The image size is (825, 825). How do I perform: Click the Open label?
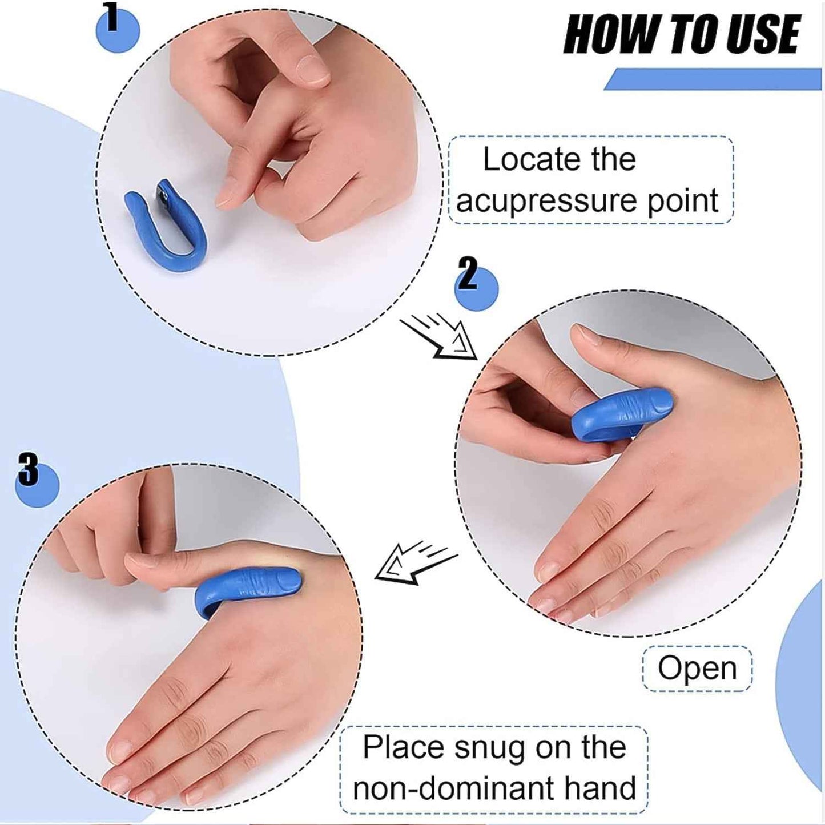(697, 668)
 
